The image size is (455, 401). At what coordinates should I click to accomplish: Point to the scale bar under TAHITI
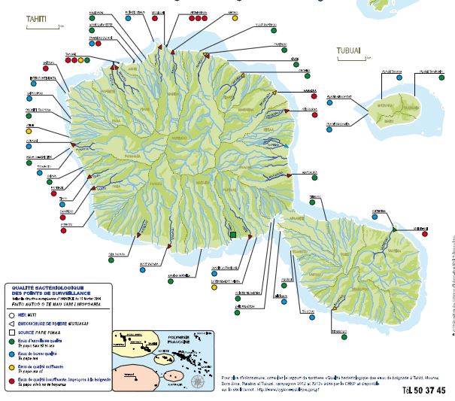point(37,29)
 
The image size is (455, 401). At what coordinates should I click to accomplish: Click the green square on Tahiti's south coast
point(233,235)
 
